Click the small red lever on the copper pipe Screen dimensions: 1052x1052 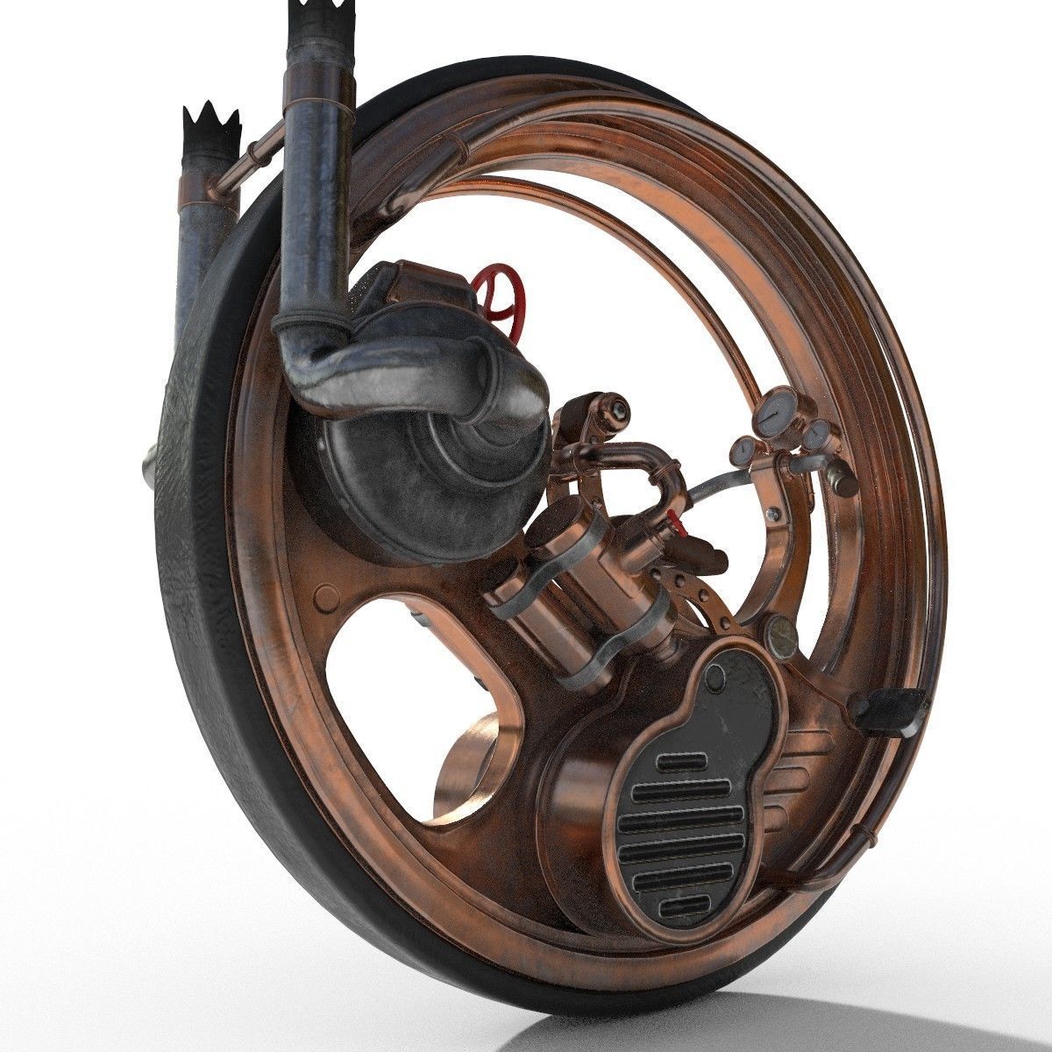coord(673,520)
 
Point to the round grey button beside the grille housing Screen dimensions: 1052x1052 coord(779,630)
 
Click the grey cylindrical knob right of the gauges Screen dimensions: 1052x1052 coord(842,478)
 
